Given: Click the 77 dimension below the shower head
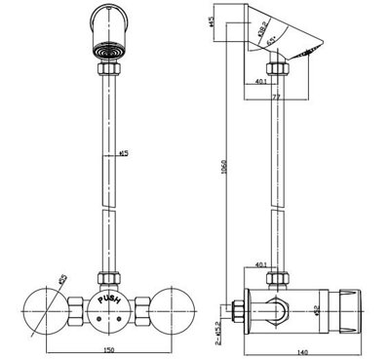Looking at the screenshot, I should click(x=277, y=99).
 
